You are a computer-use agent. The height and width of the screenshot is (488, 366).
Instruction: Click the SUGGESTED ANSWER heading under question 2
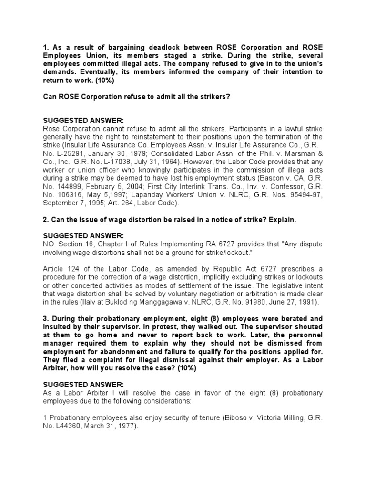83,236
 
